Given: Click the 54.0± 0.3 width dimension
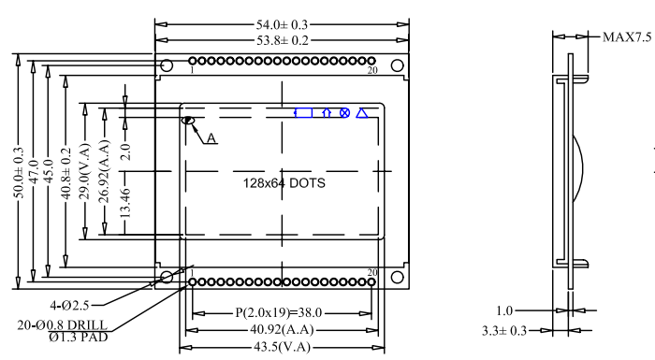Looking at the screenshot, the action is pos(282,24).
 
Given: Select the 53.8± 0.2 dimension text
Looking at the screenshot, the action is pos(283,40).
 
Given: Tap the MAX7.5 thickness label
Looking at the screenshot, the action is pos(627,37).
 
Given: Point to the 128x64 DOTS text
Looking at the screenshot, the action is pos(284,183).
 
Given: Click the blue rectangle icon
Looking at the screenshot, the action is pos(304,113).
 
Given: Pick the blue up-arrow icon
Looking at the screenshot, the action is pos(327,113).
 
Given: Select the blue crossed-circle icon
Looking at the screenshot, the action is pos(344,113).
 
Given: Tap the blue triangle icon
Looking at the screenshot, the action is pos(362,113).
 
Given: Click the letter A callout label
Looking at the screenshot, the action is pos(211,138).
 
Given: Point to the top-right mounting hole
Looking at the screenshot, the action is pos(398,65).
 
